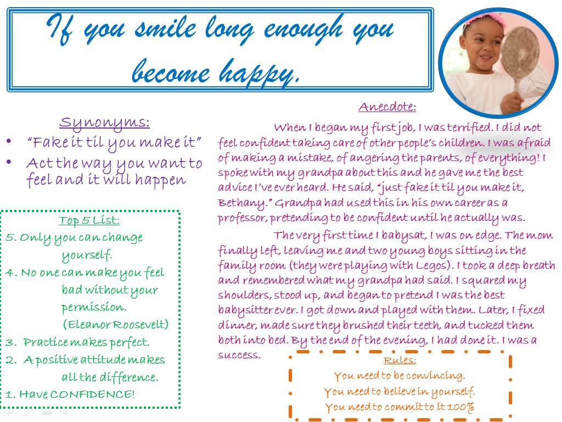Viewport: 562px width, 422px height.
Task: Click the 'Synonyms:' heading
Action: pyautogui.click(x=104, y=123)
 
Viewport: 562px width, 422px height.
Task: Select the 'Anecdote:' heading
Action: pyautogui.click(x=387, y=107)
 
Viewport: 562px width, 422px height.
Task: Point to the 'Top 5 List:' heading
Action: pyautogui.click(x=89, y=220)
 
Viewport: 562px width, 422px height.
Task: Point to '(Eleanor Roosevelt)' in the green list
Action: pyautogui.click(x=115, y=324)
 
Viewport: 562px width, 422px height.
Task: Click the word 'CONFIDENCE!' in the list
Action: pyautogui.click(x=92, y=394)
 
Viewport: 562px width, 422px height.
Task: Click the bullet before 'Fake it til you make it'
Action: pyautogui.click(x=9, y=141)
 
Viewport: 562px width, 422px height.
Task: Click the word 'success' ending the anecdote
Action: pyautogui.click(x=239, y=356)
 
